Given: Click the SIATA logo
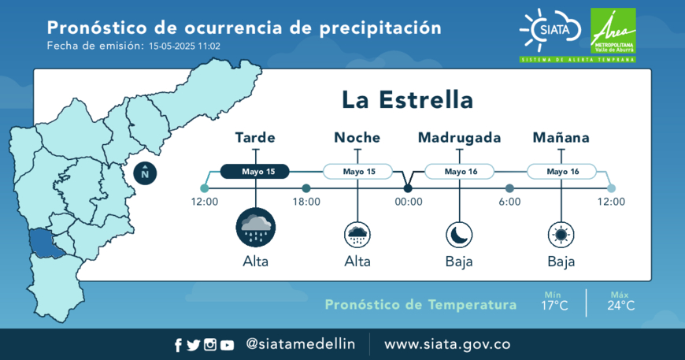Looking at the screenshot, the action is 550,30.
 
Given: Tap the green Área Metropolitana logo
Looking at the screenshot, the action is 613,31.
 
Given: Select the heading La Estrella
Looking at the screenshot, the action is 407,100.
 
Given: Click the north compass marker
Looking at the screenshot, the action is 145,173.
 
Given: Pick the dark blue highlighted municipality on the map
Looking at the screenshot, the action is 45,243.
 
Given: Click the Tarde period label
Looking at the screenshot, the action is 255,138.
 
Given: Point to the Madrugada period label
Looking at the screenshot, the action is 459,138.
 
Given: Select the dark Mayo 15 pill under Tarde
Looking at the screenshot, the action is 254,171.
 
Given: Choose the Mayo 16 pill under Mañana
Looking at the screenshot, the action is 562,171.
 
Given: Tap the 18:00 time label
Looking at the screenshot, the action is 306,202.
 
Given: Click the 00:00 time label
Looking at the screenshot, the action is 409,202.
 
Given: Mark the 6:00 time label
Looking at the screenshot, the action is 510,202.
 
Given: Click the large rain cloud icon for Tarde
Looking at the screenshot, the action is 256,228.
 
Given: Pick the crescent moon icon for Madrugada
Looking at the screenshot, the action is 459,235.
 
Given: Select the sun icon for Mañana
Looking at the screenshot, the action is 561,235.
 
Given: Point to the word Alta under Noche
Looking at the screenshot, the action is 357,262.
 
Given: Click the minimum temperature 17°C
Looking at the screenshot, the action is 554,306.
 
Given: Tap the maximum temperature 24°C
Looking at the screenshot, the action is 620,306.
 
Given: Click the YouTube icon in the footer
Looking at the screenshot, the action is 227,345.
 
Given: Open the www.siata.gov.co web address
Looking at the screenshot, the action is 447,344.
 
